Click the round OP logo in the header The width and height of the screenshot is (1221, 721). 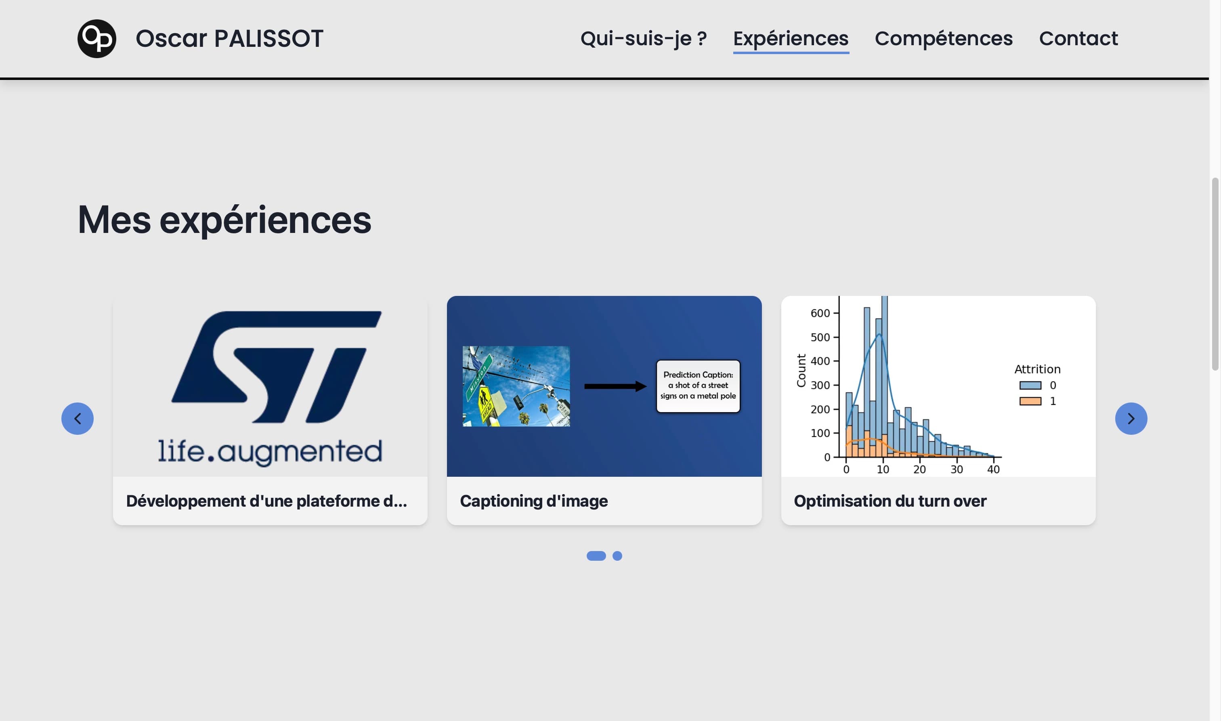click(97, 38)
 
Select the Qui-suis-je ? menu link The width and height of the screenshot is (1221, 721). click(643, 38)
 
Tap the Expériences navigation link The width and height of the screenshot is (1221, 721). click(791, 38)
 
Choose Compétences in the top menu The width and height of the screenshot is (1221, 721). click(944, 38)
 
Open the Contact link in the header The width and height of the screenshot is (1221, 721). click(1078, 38)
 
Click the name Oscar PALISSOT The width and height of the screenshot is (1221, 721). click(229, 38)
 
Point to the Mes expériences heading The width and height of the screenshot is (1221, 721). click(224, 220)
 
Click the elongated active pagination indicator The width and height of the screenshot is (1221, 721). click(596, 556)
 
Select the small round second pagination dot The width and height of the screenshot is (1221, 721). click(617, 556)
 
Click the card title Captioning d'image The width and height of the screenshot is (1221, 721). click(533, 501)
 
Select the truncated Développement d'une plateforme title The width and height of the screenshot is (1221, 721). click(266, 501)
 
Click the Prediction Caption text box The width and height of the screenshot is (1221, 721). click(698, 386)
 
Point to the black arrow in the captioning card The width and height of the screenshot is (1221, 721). click(615, 386)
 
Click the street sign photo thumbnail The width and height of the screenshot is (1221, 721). click(516, 386)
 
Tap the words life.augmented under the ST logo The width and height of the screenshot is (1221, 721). click(270, 452)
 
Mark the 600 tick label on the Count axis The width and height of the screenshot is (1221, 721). click(820, 313)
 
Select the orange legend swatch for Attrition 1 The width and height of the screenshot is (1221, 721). click(1030, 401)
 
